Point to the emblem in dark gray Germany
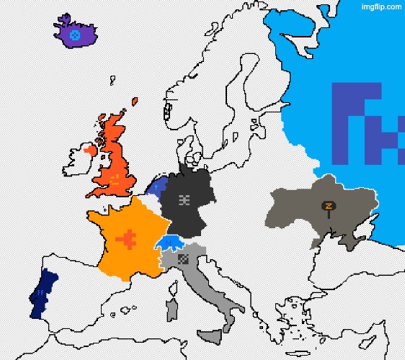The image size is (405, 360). (x=184, y=199)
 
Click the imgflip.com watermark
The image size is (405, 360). (x=381, y=6)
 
